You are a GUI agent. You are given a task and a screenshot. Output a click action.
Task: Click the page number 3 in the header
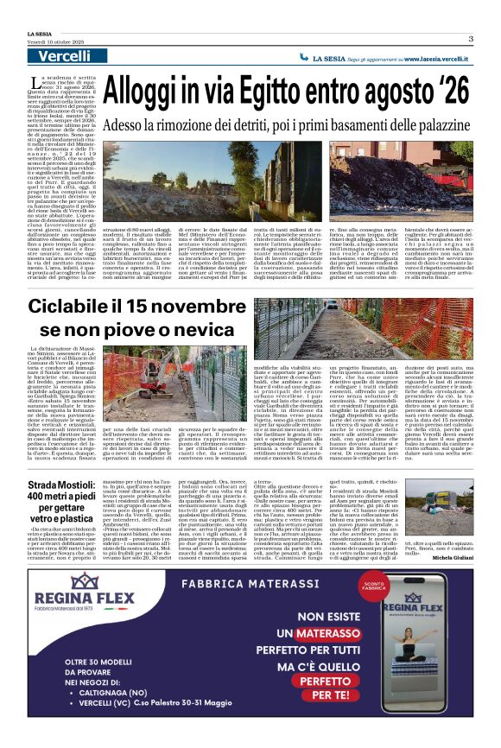tap(471, 38)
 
